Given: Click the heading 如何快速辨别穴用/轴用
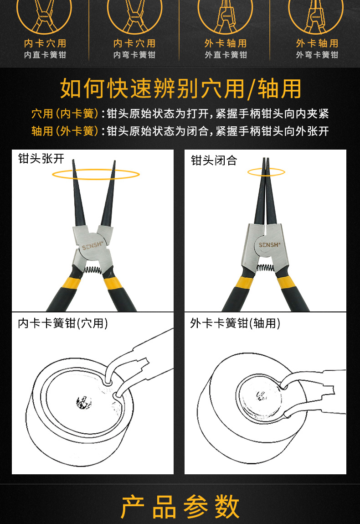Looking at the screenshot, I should point(180,88).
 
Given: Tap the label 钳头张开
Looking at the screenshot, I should point(41,159).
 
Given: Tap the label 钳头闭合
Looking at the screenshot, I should point(214,161).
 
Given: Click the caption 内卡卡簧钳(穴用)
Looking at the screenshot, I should point(63,324).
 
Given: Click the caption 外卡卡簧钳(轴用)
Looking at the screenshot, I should point(235,324).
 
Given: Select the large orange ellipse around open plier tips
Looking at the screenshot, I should point(96,174).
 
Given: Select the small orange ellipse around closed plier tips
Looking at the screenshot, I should point(266,172).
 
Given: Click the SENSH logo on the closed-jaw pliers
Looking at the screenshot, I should point(270,245).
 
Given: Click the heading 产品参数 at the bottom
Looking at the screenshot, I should point(180,506).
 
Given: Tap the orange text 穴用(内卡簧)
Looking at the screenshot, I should point(65,114).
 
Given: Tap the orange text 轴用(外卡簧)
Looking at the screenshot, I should point(65,131).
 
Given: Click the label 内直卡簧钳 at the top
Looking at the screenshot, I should point(45,55).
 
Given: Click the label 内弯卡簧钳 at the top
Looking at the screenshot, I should point(134,55).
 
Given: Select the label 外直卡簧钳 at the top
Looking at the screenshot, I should point(226,55).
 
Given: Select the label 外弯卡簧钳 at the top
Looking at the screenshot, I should point(317,55).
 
